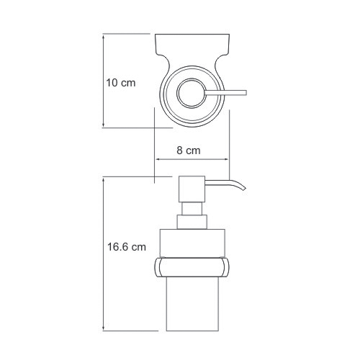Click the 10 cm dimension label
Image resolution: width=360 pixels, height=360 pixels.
(x=121, y=83)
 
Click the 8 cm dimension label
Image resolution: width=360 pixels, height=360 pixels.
(x=189, y=150)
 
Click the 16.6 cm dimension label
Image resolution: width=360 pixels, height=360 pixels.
(x=127, y=247)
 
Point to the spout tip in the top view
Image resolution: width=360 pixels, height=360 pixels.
(x=246, y=93)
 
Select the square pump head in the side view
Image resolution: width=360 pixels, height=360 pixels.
(x=192, y=189)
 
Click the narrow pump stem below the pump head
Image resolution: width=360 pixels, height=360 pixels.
(x=192, y=209)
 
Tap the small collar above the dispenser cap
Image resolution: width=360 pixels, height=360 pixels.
(x=192, y=222)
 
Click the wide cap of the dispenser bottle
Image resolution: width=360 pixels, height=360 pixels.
(x=192, y=243)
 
